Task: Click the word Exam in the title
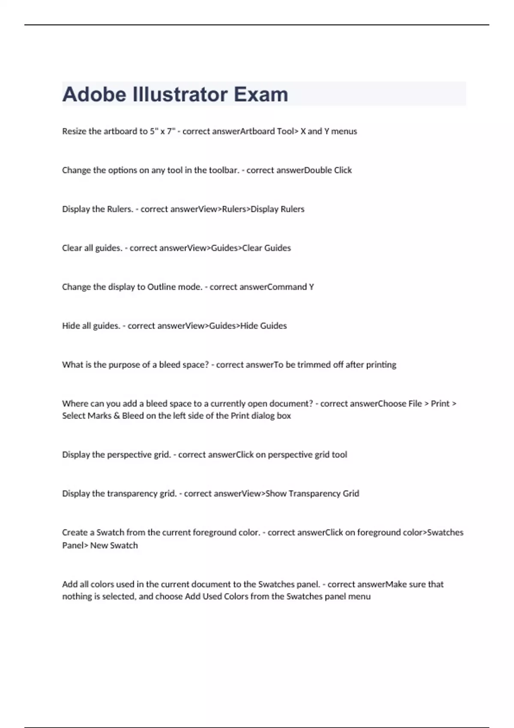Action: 261,95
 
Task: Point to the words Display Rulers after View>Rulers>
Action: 277,209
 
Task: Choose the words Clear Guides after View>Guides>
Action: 266,248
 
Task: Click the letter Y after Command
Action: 311,287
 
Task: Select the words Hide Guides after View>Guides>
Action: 263,326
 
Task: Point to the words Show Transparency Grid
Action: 312,494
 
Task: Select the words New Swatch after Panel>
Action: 114,546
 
